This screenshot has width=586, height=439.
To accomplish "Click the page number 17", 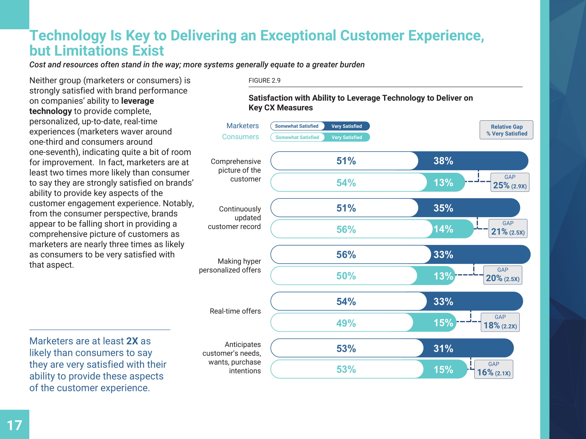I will (14, 425).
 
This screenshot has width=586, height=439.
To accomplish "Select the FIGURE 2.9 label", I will (264, 80).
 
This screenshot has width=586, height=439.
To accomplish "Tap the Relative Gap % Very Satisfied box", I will (506, 130).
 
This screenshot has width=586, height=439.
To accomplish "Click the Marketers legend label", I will (242, 126).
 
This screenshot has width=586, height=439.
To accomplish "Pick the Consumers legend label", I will (240, 137).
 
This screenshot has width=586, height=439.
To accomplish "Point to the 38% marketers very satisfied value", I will (443, 161).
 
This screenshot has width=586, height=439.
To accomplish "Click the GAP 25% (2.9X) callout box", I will (510, 182).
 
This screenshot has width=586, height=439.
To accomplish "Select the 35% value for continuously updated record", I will (443, 208).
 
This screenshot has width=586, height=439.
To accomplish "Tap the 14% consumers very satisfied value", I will (443, 229).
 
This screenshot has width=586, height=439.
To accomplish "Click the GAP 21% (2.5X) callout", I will (508, 229).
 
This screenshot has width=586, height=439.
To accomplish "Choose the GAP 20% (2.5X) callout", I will (502, 275).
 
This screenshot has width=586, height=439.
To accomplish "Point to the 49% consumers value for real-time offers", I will (346, 323).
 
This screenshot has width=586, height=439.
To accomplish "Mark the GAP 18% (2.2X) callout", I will (500, 322).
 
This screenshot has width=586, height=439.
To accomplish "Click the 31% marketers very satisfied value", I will (443, 349).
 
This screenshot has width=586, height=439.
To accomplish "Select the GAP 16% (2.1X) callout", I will (494, 369).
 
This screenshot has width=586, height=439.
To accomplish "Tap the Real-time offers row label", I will (235, 311).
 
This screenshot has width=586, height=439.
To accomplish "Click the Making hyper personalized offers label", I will (230, 265).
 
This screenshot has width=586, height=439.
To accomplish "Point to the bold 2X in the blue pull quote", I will (132, 341).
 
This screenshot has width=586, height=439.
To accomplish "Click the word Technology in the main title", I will (68, 36).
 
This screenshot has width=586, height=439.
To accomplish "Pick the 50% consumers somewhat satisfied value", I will (346, 276).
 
